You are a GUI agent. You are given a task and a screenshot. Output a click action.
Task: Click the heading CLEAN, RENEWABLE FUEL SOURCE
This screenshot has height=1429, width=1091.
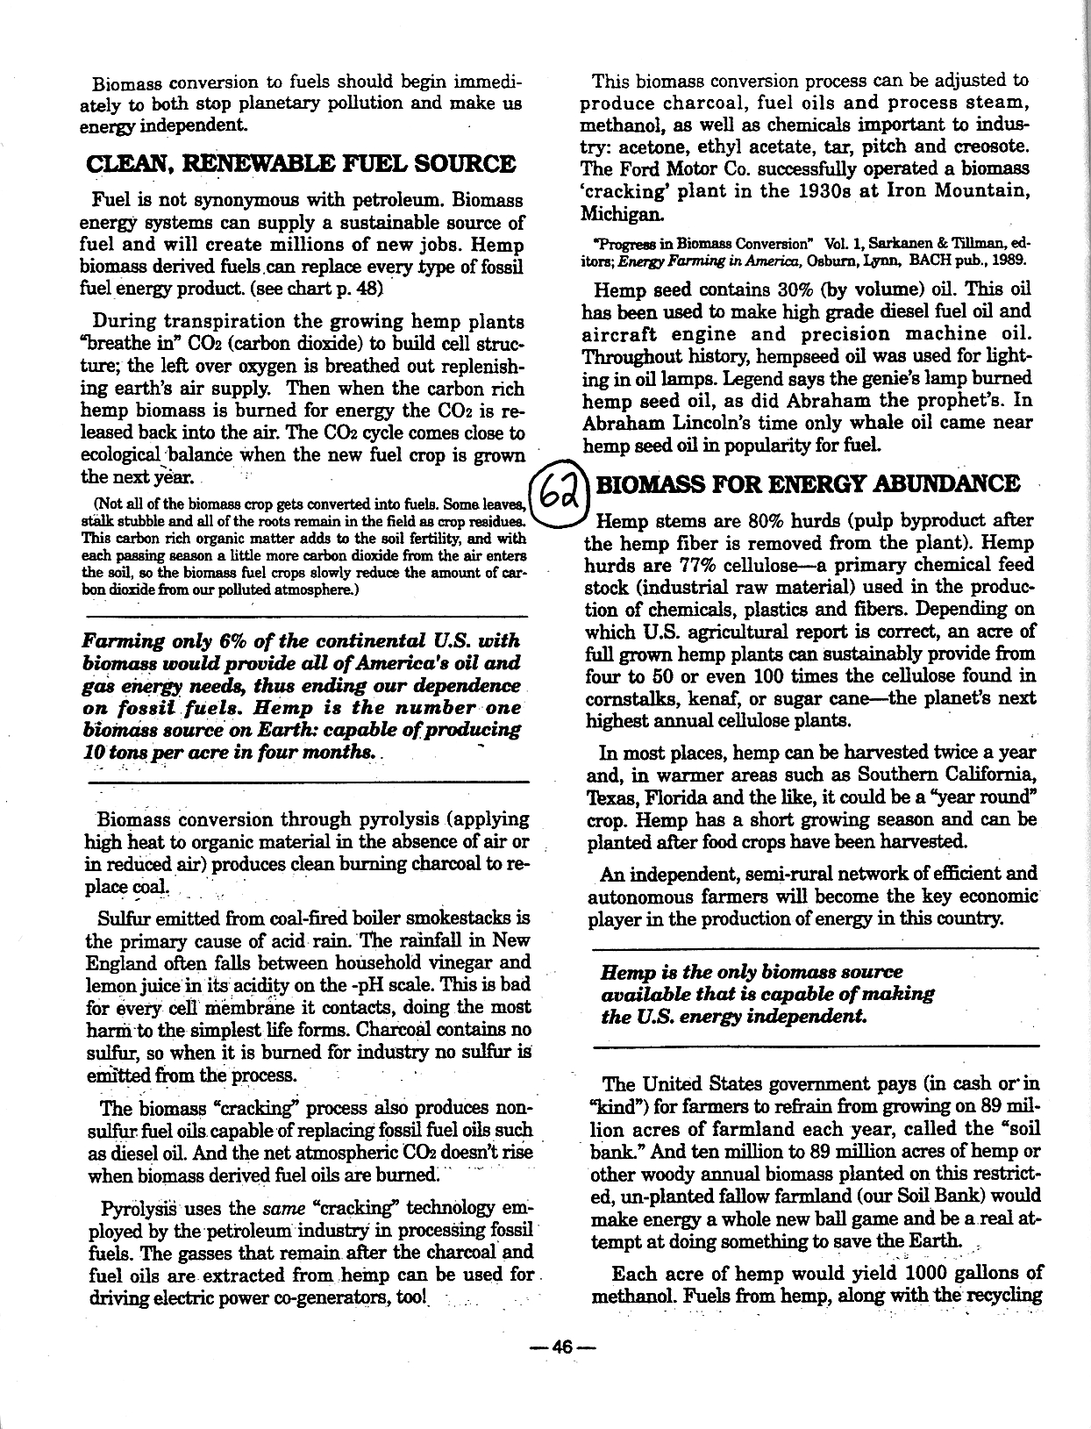pos(301,164)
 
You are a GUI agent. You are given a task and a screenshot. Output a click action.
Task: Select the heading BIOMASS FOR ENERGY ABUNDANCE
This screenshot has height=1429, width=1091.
pos(808,483)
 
